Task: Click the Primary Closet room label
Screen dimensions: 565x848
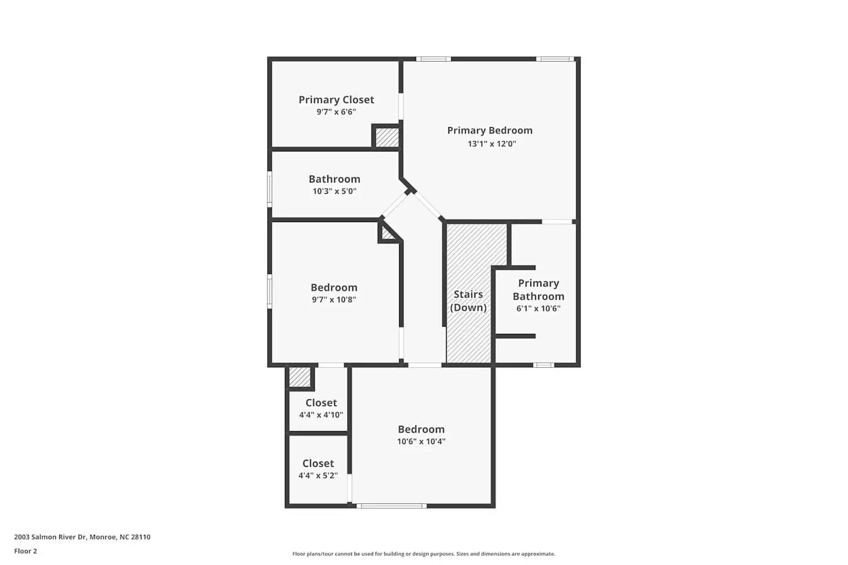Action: (x=336, y=100)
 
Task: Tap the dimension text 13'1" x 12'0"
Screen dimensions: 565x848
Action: (x=491, y=144)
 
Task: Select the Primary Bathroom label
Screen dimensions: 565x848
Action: (x=538, y=290)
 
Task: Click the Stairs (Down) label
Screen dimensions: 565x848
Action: (x=468, y=301)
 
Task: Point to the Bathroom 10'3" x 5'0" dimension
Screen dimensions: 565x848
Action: (x=334, y=191)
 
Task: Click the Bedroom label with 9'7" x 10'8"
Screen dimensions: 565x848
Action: (x=334, y=288)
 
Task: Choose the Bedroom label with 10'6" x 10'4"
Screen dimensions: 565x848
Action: (x=421, y=429)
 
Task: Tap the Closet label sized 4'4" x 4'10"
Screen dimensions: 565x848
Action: (x=321, y=403)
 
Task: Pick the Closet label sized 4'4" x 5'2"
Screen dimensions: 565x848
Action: (x=318, y=463)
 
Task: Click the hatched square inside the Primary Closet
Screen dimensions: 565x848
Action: (x=387, y=138)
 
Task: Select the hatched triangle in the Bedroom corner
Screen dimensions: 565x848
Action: (x=388, y=233)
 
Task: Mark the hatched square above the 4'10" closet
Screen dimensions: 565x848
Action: (x=300, y=377)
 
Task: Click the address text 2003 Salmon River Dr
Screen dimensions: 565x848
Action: (x=82, y=537)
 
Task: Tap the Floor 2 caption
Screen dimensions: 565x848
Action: (x=25, y=551)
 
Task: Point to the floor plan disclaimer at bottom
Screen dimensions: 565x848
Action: (x=423, y=554)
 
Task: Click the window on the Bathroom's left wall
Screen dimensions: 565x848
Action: (x=270, y=189)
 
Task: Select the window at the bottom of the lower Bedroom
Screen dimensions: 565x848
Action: (x=391, y=506)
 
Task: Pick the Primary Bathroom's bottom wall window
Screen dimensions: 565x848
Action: (x=543, y=365)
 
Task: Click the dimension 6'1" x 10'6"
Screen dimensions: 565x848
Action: (x=538, y=308)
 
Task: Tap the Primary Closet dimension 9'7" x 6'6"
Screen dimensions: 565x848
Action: (x=336, y=112)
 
